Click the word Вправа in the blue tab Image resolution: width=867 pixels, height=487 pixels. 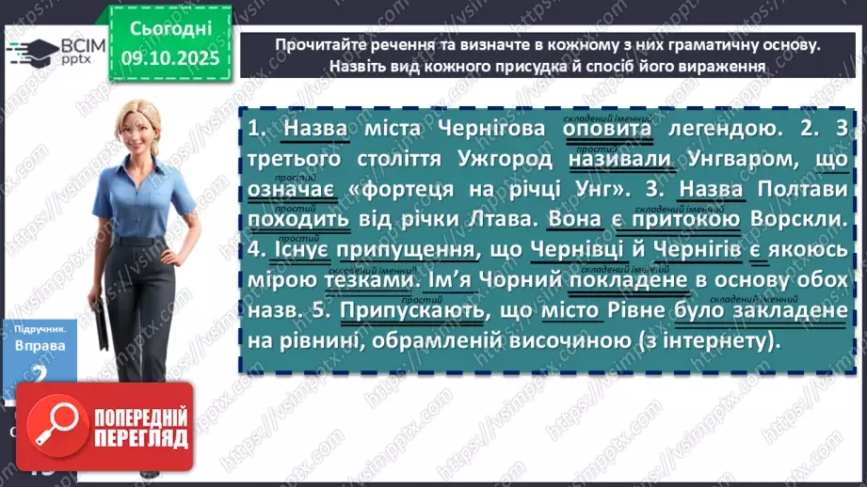[x=40, y=345]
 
